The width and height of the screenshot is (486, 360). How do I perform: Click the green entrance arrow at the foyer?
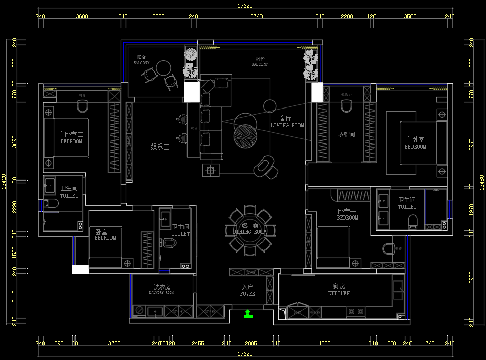(x=248, y=313)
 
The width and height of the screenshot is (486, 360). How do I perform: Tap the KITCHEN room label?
(x=339, y=290)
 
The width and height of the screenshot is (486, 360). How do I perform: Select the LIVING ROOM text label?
(x=287, y=122)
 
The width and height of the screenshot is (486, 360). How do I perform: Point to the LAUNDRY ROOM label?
(x=162, y=290)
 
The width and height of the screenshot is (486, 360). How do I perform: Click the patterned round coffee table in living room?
(x=245, y=135)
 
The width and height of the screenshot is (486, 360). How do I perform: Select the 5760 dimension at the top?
(x=256, y=16)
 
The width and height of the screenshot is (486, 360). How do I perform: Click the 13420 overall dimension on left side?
(x=4, y=181)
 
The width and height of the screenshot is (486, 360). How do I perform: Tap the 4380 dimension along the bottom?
(x=324, y=344)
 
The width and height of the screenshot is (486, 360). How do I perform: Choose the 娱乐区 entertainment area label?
(x=159, y=147)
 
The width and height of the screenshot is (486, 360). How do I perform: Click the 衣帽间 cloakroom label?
(x=347, y=135)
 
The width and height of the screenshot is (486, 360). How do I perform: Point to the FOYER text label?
(x=248, y=291)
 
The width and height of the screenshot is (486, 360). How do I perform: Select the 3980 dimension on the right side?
(x=472, y=278)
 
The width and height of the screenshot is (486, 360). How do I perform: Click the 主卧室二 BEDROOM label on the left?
(x=71, y=138)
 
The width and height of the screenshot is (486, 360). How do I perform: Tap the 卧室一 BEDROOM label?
(x=347, y=214)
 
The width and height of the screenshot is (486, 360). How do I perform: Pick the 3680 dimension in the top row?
(x=82, y=16)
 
